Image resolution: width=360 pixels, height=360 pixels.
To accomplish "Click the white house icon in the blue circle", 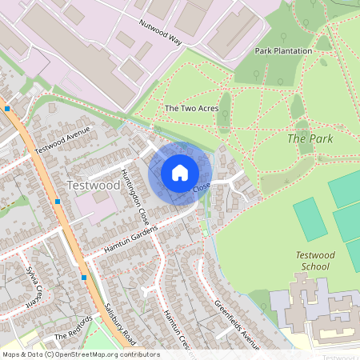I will (180, 173).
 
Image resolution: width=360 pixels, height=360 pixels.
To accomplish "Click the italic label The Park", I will (309, 138).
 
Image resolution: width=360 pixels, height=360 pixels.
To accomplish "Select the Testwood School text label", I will (313, 260).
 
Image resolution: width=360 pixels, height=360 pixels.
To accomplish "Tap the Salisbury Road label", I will (118, 323).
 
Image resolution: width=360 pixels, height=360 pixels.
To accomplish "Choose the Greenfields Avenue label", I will (237, 325).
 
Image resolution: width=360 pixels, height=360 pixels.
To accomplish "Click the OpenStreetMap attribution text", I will (80, 354).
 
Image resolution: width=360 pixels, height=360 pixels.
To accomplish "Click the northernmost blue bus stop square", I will (7, 108).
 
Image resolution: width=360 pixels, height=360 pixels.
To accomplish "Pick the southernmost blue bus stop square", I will (84, 277).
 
